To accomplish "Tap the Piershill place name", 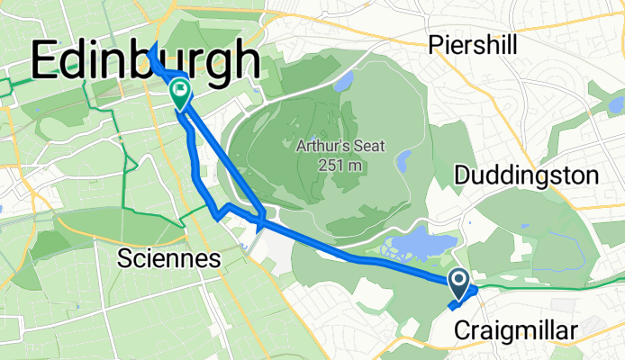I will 476,43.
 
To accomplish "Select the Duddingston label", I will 527,175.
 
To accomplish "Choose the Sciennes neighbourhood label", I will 170,260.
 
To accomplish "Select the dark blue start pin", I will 458,284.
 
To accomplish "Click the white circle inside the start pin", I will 458,281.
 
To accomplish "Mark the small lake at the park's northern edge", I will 342,84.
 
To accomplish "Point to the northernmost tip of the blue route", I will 151,44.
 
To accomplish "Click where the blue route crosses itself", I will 260,218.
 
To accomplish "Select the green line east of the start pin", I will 549,286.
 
